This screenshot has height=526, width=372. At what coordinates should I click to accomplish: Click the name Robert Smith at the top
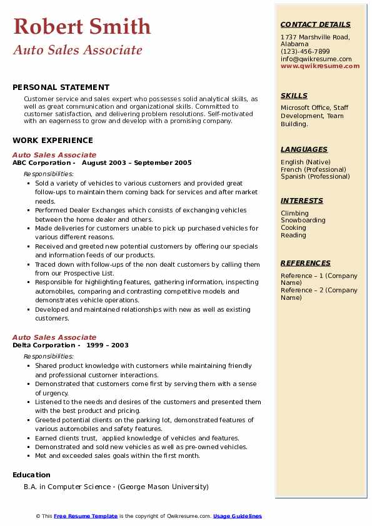point(82,26)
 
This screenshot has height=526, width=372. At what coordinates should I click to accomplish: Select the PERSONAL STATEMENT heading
point(61,87)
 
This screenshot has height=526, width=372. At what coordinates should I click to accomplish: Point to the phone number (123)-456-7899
point(305,52)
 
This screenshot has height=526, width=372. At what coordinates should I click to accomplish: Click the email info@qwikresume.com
point(316,59)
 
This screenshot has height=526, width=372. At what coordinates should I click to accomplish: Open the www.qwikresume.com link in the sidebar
point(320,66)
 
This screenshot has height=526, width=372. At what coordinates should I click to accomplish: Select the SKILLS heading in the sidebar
point(294,96)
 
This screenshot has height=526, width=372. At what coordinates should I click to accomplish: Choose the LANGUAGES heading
point(304,150)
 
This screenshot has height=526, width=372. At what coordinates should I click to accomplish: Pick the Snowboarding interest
point(303,221)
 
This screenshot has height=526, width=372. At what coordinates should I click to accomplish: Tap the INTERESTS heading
point(302,201)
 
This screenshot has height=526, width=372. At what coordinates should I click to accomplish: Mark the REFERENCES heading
point(305,264)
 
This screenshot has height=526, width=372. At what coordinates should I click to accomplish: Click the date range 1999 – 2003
point(108,345)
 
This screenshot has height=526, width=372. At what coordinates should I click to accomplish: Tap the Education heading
point(31,475)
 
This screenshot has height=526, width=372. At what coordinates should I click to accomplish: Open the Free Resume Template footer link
point(86,516)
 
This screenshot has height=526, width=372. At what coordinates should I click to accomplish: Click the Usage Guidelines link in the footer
point(238,516)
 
